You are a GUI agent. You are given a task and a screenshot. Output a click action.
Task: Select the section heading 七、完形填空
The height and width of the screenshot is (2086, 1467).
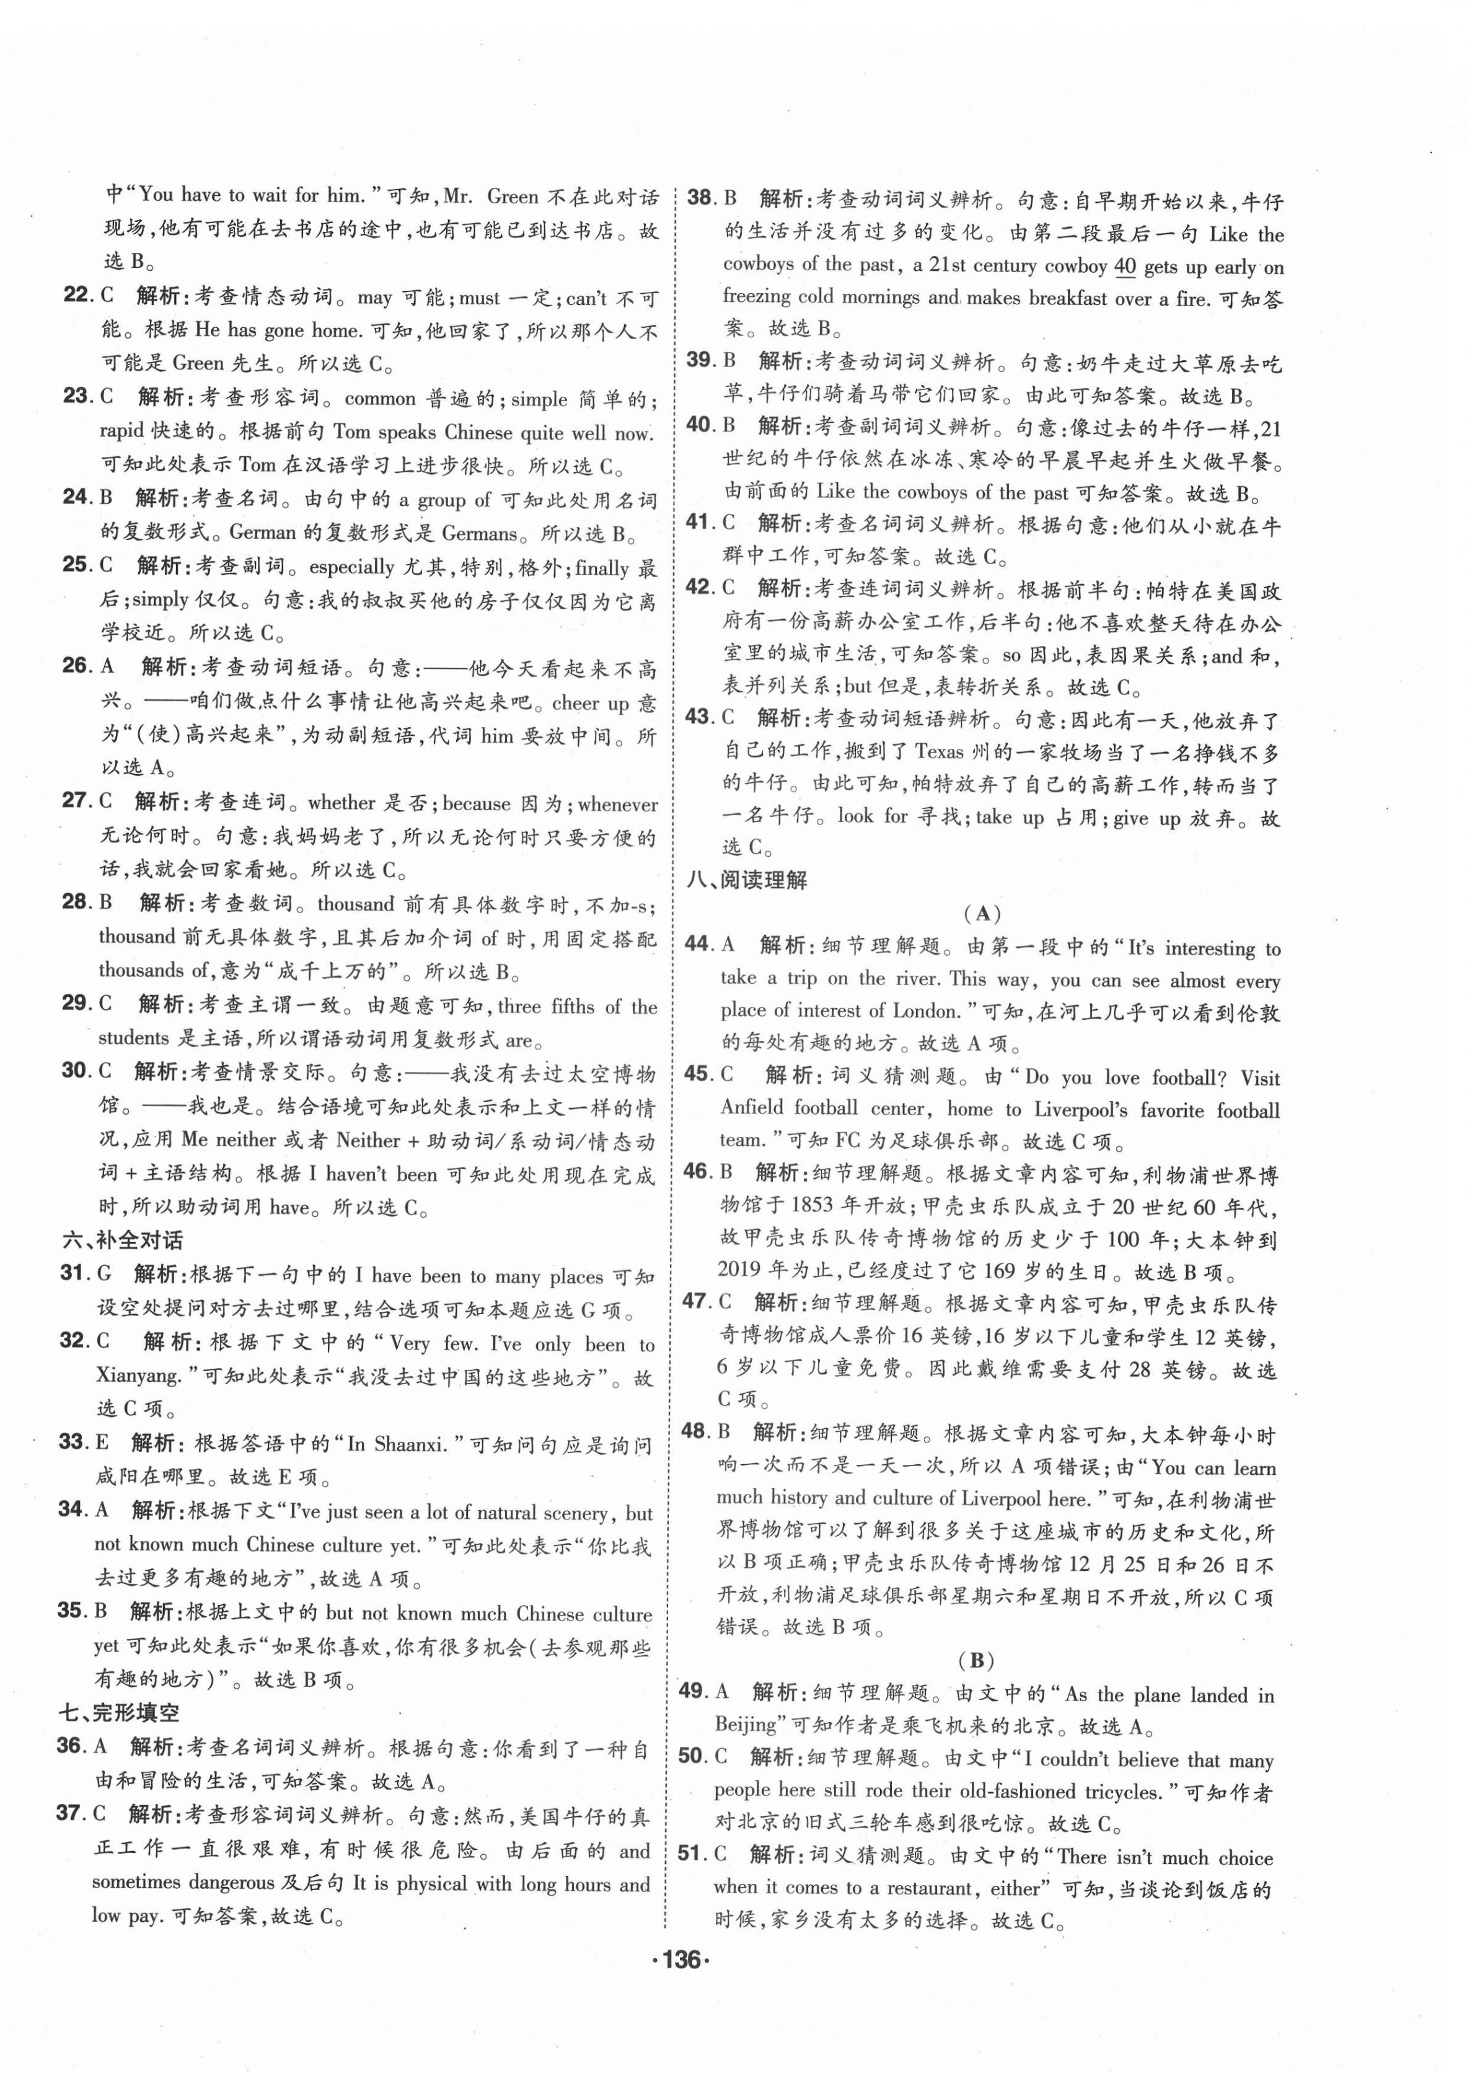pyautogui.click(x=119, y=1713)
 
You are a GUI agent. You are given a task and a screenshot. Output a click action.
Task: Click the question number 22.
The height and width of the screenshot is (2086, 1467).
pyautogui.click(x=79, y=295)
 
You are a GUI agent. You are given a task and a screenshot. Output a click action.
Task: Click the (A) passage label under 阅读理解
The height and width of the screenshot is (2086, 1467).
pyautogui.click(x=982, y=913)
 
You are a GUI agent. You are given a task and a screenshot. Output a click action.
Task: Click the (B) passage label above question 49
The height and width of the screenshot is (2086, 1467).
pyautogui.click(x=977, y=1660)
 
